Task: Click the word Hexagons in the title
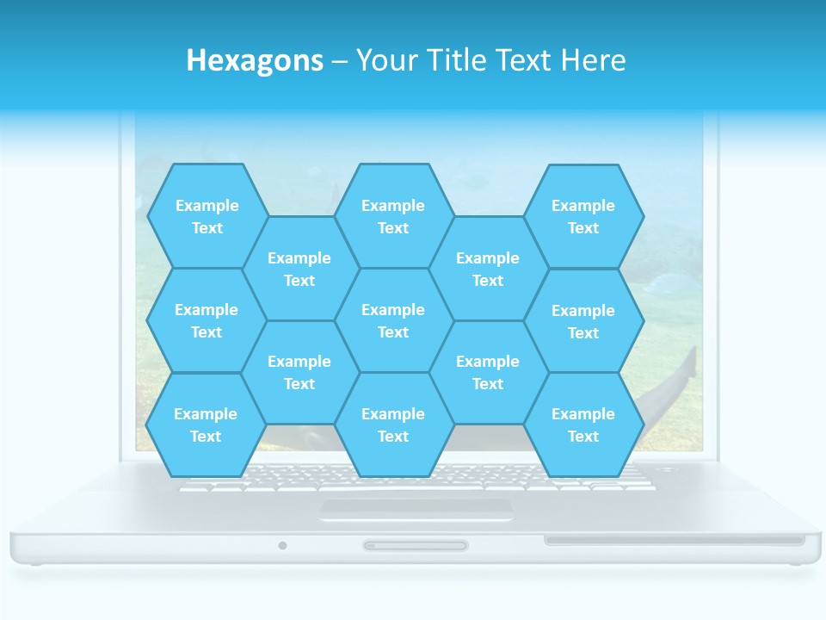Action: click(x=255, y=60)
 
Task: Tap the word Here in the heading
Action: click(x=593, y=60)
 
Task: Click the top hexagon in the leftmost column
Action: click(x=206, y=216)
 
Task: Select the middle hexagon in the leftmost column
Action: click(x=206, y=320)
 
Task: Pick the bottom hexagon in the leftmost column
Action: click(x=206, y=425)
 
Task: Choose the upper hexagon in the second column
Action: click(x=299, y=269)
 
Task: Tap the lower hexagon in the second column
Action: click(x=299, y=372)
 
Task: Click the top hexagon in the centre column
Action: click(x=393, y=216)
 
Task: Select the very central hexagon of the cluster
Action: click(x=393, y=320)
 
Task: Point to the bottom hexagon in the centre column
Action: click(x=393, y=425)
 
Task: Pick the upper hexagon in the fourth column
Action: click(x=488, y=269)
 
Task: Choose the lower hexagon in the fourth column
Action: click(x=488, y=372)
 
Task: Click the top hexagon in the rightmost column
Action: click(x=583, y=216)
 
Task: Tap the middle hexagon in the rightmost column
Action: click(x=583, y=321)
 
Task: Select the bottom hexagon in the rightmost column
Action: click(x=583, y=425)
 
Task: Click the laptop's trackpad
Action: click(x=416, y=510)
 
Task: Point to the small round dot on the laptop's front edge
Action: click(x=282, y=545)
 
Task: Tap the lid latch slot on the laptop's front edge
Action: click(x=416, y=545)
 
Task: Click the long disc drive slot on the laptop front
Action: click(x=674, y=540)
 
